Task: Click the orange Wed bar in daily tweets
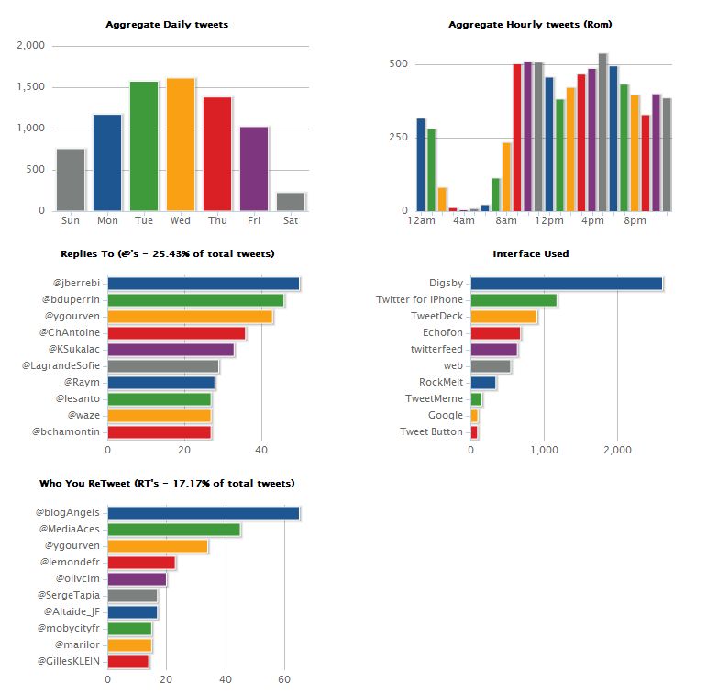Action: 181,144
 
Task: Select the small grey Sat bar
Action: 291,202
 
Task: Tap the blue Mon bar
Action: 107,162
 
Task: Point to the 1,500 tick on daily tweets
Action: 31,86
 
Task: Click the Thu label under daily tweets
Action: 217,220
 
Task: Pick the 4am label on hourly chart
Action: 464,220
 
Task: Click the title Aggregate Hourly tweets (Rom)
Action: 530,24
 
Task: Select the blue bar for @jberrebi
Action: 204,284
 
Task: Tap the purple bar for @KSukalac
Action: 171,350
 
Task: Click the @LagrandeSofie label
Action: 61,365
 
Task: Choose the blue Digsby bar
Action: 567,284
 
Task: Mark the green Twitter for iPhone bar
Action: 514,300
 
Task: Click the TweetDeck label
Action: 436,316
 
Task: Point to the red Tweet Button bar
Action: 474,432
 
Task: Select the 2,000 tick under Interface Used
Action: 617,450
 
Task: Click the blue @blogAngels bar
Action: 204,513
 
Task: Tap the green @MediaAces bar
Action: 174,530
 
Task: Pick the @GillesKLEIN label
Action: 69,661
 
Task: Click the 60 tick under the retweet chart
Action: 284,679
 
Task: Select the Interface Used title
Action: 531,253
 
